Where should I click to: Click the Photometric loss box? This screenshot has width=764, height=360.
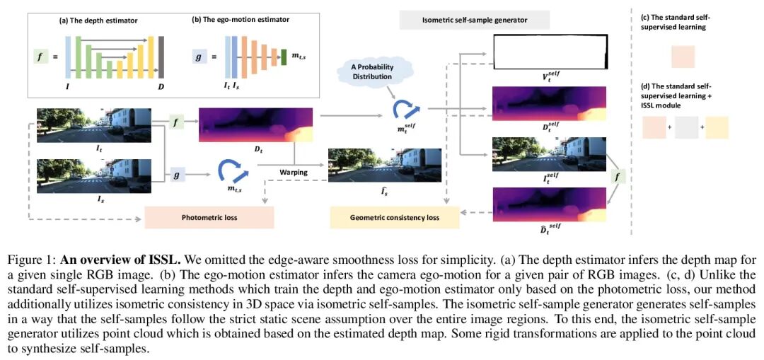(209, 217)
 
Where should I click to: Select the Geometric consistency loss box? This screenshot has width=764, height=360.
(394, 217)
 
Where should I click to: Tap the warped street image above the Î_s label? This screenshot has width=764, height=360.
(385, 167)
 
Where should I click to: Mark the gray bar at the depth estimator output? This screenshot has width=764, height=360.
(161, 56)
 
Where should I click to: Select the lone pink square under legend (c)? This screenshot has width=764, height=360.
(678, 57)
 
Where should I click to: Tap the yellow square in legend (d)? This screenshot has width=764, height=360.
(717, 127)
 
